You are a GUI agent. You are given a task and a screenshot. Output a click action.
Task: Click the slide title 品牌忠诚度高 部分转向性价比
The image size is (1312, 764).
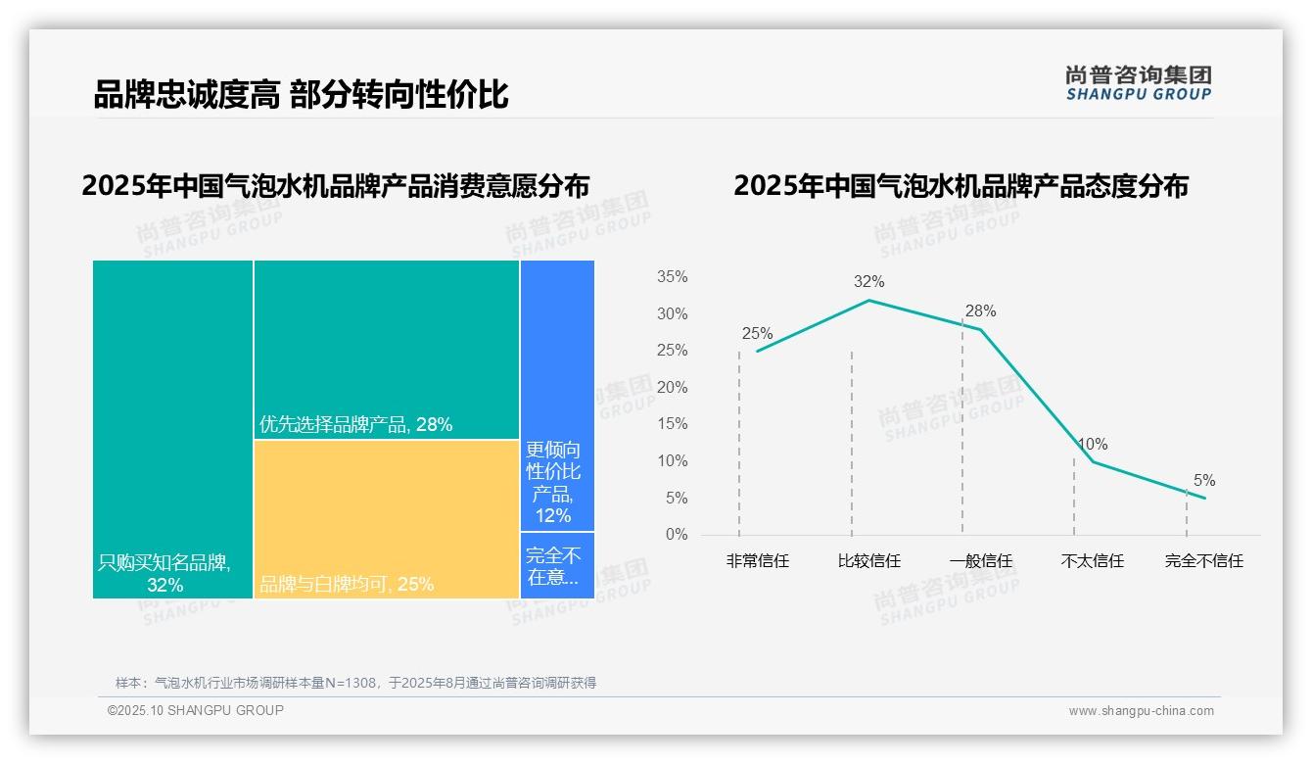(x=301, y=95)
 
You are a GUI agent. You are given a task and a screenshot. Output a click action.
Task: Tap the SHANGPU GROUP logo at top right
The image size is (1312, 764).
(x=1138, y=83)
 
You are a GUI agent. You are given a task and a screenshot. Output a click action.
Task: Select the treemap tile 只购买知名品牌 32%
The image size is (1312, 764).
(x=172, y=428)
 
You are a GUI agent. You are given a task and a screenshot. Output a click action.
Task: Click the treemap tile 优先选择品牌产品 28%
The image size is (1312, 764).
(x=386, y=349)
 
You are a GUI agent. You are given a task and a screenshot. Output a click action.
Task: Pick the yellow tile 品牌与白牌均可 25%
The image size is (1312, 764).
(x=386, y=518)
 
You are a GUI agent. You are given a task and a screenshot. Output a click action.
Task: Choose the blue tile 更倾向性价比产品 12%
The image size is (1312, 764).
(x=556, y=395)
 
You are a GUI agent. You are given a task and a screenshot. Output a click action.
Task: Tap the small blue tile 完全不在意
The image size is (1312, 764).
(x=556, y=565)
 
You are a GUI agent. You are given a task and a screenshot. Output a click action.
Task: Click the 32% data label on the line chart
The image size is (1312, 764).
(x=868, y=282)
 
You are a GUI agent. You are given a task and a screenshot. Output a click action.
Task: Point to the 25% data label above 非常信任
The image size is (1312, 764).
(x=757, y=334)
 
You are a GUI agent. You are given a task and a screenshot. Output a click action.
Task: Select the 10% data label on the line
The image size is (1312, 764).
(x=1092, y=445)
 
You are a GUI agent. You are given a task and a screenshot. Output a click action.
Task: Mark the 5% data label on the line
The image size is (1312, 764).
(x=1203, y=481)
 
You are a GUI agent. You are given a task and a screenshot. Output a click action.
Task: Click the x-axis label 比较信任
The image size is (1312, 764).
(x=868, y=561)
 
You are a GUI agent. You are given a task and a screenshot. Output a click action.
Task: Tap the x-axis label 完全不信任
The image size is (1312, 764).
(x=1203, y=561)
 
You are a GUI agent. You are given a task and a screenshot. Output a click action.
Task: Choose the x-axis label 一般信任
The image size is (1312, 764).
(x=980, y=561)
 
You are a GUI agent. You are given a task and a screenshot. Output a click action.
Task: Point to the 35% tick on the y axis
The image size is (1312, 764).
(x=672, y=277)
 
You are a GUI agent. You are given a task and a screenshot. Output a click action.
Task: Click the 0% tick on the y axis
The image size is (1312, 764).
(x=676, y=535)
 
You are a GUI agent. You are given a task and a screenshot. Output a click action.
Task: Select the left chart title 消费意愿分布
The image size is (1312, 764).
(x=336, y=186)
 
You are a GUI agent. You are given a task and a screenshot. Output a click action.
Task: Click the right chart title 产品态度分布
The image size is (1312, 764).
(x=960, y=186)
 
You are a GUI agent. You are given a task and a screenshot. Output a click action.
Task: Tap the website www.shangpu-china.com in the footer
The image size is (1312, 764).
(x=1141, y=711)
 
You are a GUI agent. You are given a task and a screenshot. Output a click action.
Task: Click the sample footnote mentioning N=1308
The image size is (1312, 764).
(x=355, y=683)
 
